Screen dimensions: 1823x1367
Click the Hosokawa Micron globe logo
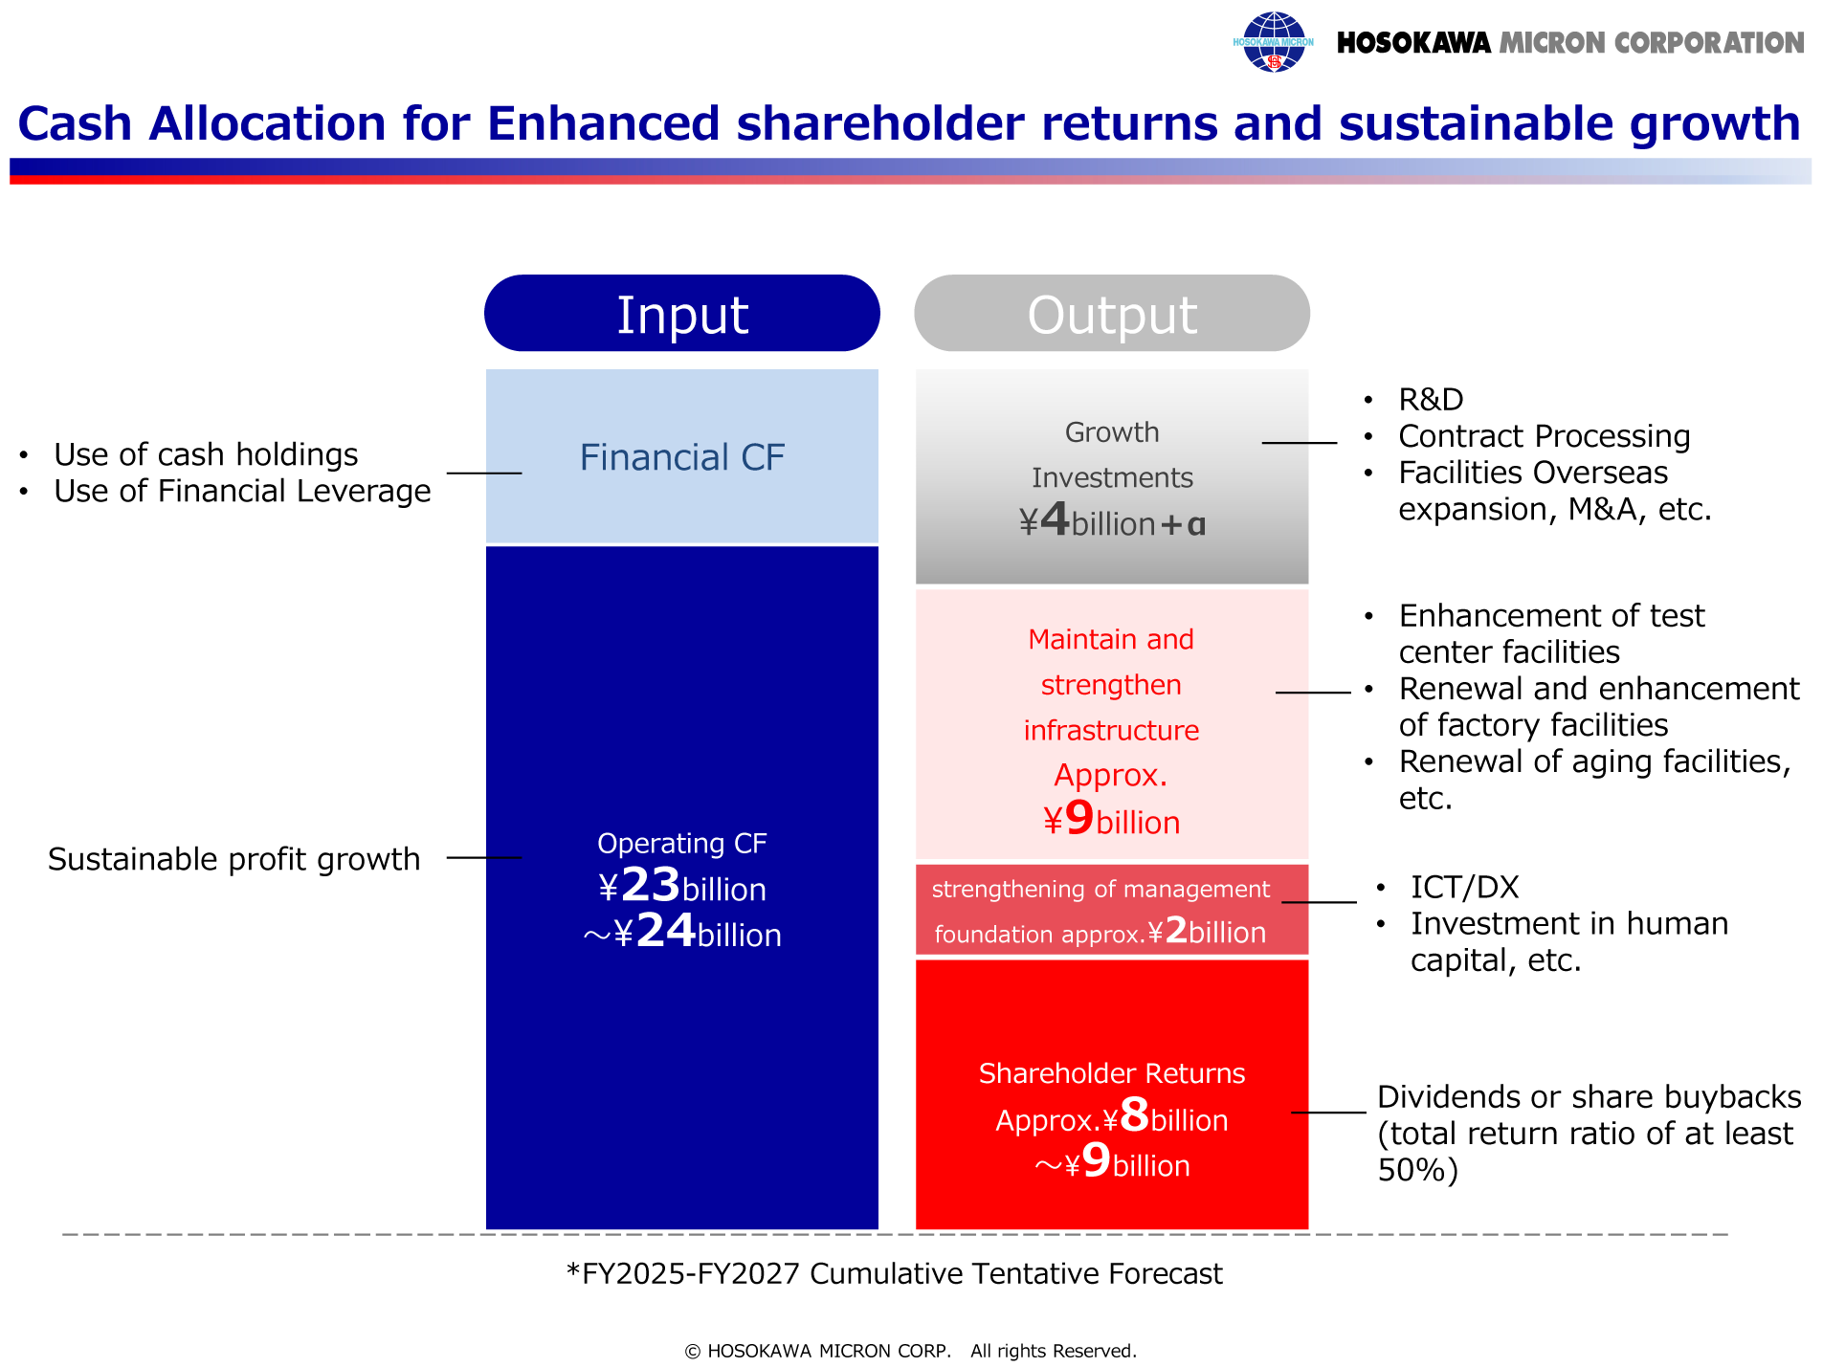[x=1273, y=42]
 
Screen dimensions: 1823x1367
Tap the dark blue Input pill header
[x=681, y=313]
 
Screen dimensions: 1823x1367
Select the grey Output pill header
[x=1112, y=313]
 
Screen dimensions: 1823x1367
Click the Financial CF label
[x=681, y=457]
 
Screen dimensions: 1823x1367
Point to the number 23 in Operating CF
[x=651, y=885]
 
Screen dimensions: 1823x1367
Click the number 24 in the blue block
[x=666, y=931]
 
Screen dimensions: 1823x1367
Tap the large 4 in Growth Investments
[x=1055, y=519]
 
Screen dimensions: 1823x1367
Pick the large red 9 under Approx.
[x=1079, y=818]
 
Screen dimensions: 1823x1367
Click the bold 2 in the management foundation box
[x=1176, y=930]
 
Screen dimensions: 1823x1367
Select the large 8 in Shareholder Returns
[x=1135, y=1115]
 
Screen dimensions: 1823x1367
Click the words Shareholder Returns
[x=1112, y=1073]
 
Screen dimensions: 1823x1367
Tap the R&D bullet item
[x=1431, y=399]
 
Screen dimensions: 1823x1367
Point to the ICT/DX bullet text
[x=1464, y=887]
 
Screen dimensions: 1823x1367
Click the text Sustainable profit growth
[x=234, y=859]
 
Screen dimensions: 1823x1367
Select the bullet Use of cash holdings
[x=206, y=454]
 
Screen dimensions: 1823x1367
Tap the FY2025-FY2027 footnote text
[x=895, y=1273]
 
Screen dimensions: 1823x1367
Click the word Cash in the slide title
[x=75, y=123]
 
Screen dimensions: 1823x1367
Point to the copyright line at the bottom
[x=910, y=1351]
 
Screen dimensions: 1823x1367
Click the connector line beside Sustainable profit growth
[x=484, y=858]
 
